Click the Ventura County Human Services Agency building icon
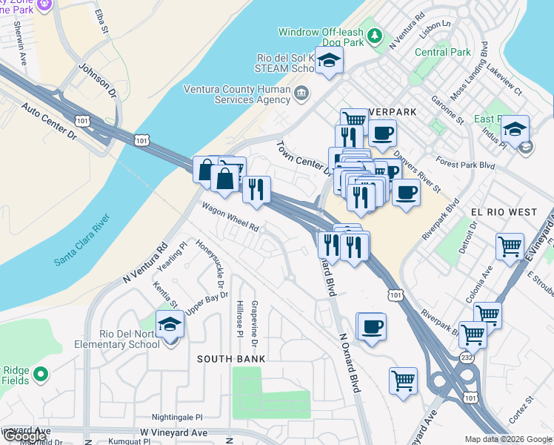click(301, 93)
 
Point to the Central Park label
click(443, 53)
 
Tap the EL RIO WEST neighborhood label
click(504, 212)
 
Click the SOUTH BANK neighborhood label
click(230, 359)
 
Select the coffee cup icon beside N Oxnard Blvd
click(372, 326)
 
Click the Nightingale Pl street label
click(177, 418)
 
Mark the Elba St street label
click(101, 19)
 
